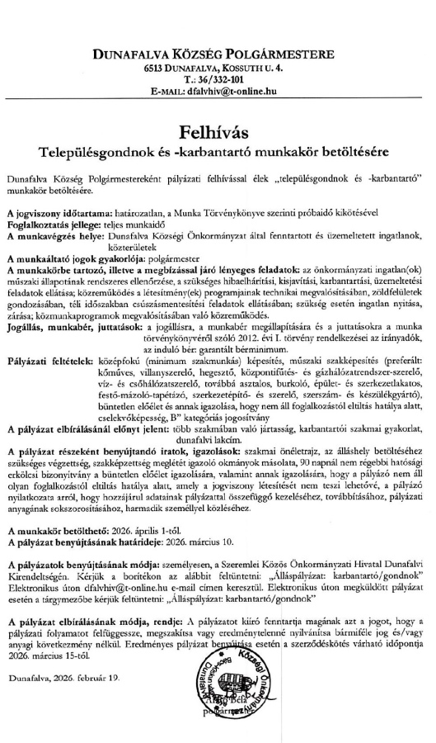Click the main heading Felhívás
click(x=218, y=132)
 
